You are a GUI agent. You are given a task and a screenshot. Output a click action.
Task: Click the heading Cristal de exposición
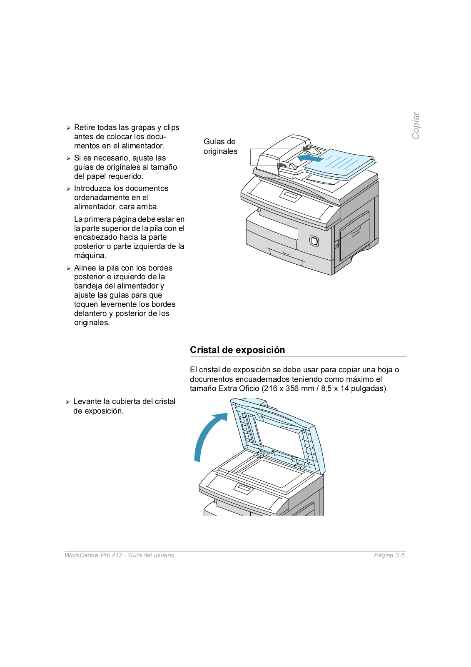(237, 350)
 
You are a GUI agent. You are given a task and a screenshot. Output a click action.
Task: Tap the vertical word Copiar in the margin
(416, 125)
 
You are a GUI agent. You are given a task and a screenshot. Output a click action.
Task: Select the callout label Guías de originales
(220, 146)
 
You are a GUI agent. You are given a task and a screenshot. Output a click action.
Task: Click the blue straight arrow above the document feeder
(310, 158)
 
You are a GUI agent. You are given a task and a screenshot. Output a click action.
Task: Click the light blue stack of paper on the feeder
(341, 164)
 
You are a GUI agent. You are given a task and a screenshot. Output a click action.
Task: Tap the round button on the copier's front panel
(314, 241)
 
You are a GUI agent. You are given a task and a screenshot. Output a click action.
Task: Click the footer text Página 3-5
(389, 555)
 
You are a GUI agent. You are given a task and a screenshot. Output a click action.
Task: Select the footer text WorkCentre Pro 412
(94, 555)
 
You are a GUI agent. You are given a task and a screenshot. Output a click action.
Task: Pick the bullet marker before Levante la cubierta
(67, 402)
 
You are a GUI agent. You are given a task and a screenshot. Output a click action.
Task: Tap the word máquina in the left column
(90, 256)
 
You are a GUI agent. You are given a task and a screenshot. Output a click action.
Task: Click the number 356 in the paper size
(292, 389)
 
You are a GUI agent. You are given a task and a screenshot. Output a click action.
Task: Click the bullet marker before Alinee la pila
(68, 268)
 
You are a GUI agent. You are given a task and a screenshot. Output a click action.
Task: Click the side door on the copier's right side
(354, 236)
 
